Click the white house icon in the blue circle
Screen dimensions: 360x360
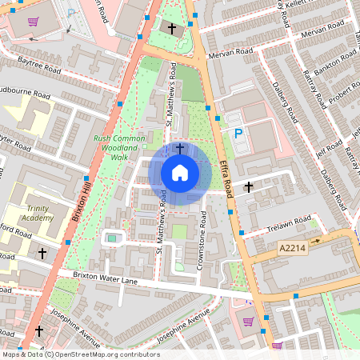coord(180,172)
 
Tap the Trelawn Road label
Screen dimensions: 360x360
coord(288,222)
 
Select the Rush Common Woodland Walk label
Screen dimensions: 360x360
coord(118,148)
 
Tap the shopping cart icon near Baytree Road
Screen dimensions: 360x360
coord(33,22)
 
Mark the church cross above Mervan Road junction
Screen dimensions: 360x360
coord(170,27)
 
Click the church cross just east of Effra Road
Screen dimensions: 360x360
coord(248,186)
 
